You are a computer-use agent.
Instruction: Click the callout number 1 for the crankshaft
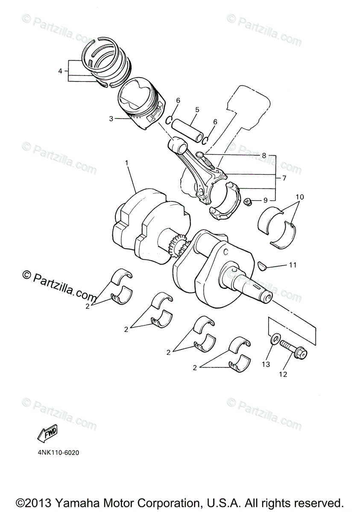(127, 163)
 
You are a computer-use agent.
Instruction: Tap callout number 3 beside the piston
(111, 119)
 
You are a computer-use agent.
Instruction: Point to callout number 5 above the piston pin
(197, 110)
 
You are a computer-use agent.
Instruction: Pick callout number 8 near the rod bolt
(264, 156)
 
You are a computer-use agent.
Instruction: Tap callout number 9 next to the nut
(265, 200)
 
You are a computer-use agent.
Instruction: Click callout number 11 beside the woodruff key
(292, 265)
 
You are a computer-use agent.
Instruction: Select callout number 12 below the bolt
(283, 375)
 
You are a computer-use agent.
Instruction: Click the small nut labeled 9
(247, 201)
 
